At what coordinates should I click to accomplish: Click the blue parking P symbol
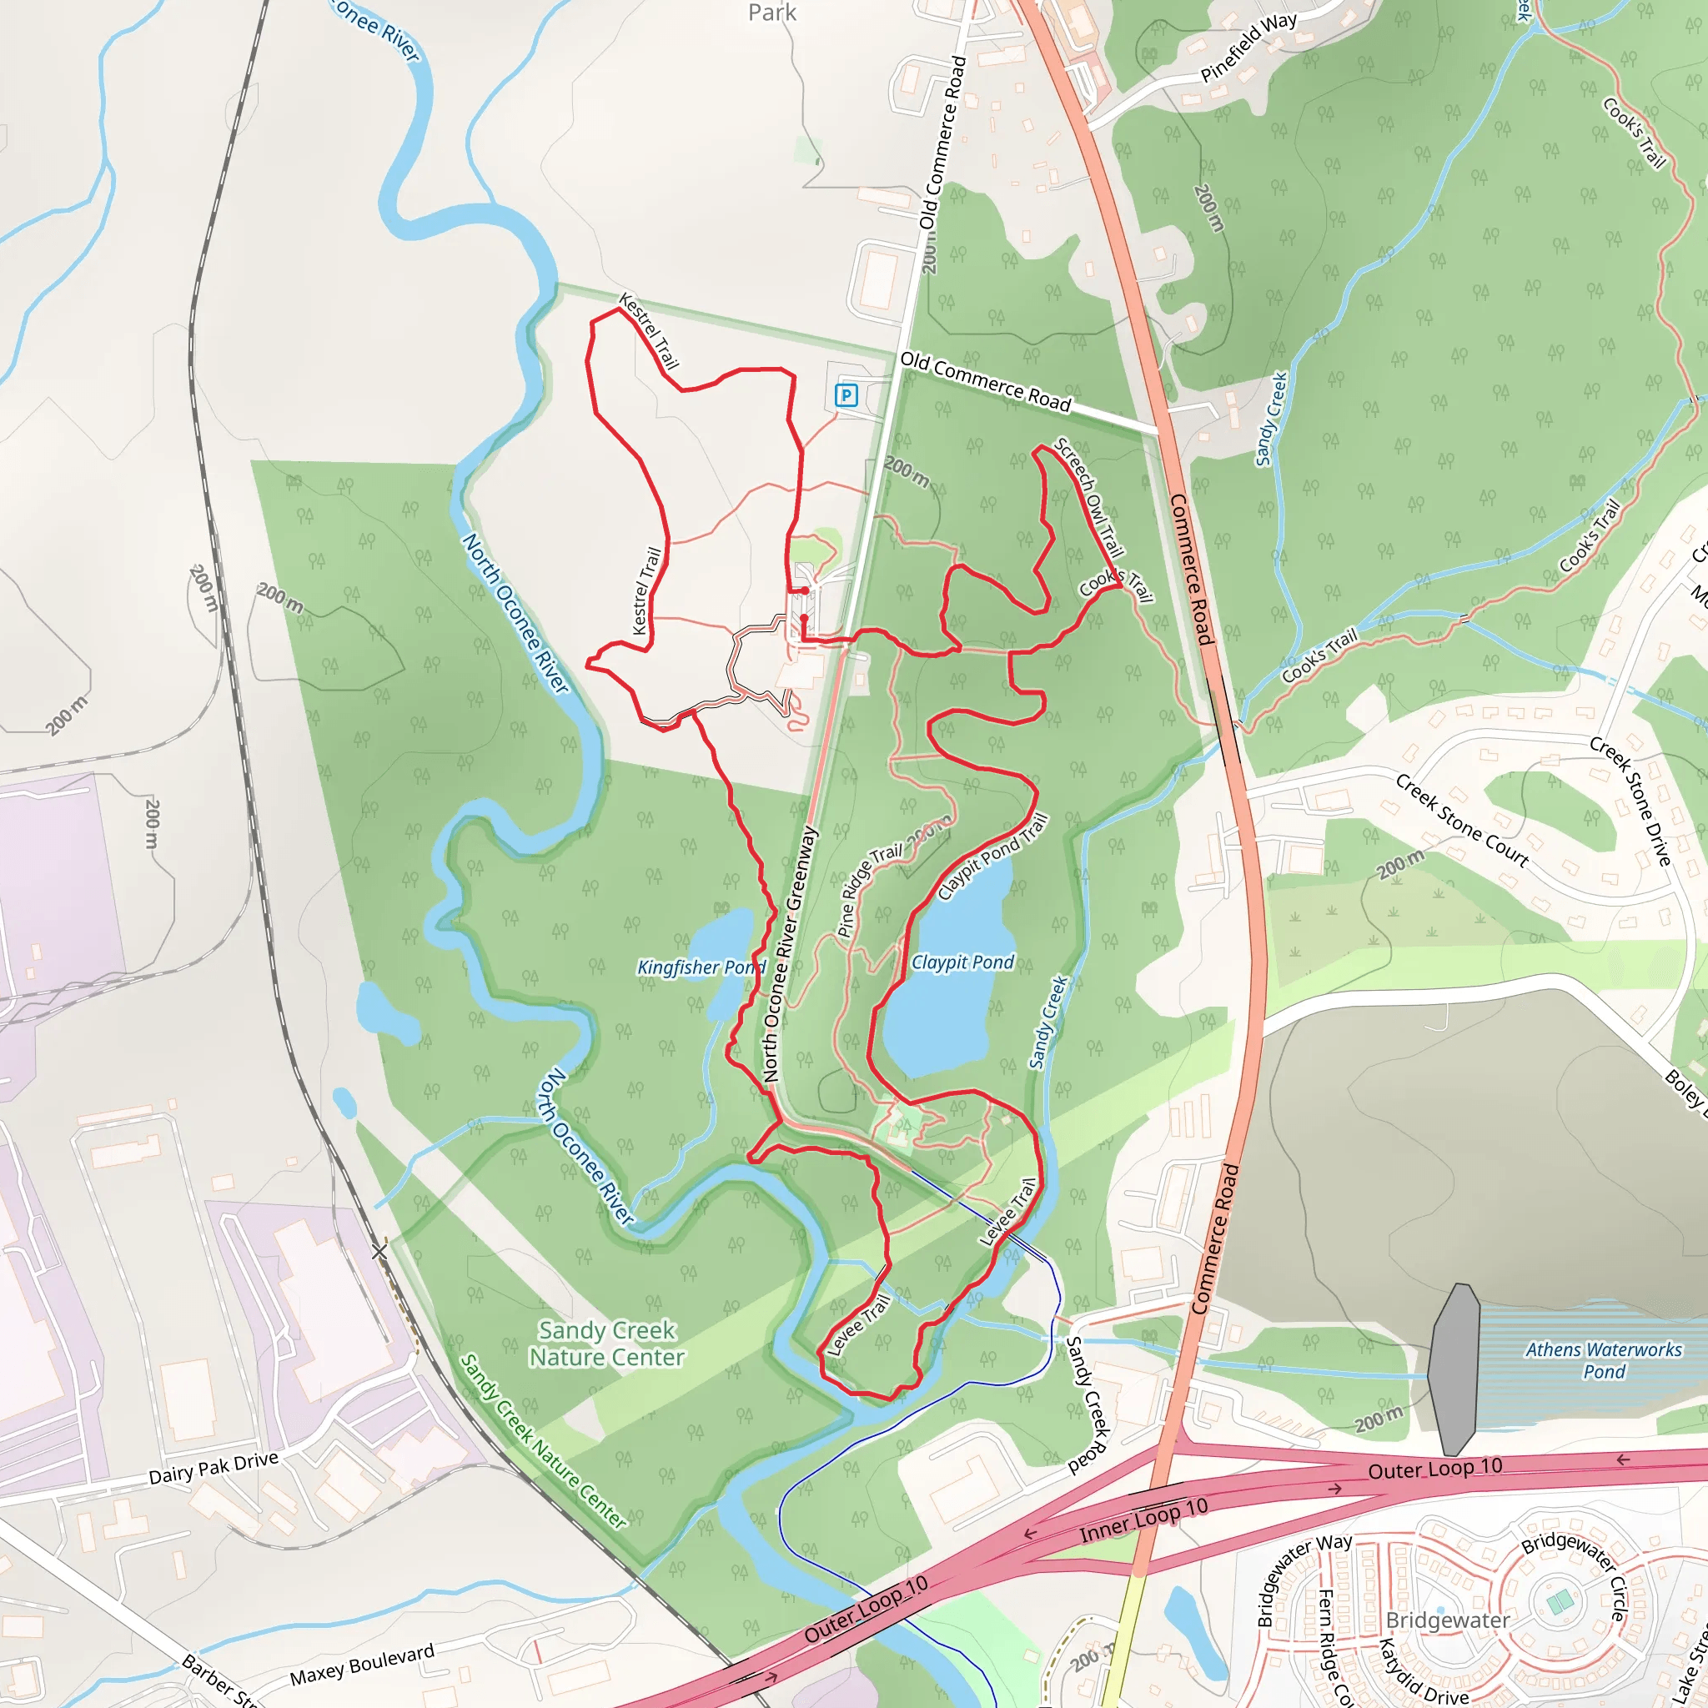tap(846, 395)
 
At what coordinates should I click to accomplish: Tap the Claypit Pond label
tap(962, 962)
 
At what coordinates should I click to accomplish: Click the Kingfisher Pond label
tap(701, 967)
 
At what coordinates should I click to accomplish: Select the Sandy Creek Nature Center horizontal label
tap(606, 1344)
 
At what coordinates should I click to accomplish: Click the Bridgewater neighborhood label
tap(1447, 1620)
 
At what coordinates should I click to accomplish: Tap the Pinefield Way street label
tap(1248, 48)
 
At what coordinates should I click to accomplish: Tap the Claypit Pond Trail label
tap(992, 856)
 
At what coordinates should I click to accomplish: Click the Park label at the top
tap(771, 13)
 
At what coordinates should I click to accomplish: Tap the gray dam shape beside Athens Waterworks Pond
tap(1454, 1369)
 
